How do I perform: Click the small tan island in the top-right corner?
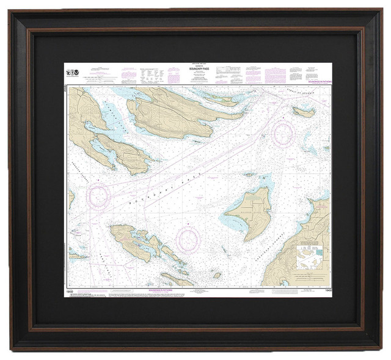point(304,112)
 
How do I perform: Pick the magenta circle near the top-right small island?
point(283,133)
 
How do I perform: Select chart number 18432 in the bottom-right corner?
point(323,292)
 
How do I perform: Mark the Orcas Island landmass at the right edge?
point(312,232)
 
